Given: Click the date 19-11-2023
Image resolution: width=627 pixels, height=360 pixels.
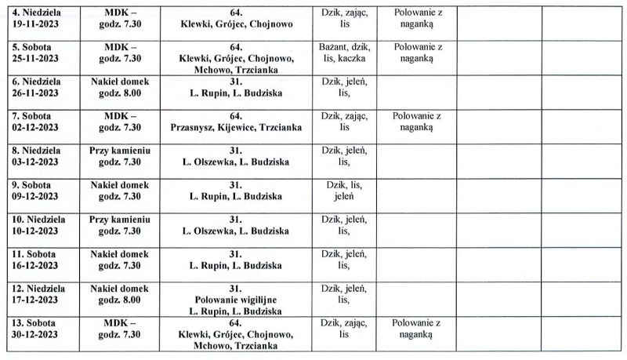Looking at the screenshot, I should pos(37,24).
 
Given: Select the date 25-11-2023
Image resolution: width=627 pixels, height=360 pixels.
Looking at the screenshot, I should pos(37,58).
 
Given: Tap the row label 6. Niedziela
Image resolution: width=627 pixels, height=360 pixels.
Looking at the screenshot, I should pos(37,82).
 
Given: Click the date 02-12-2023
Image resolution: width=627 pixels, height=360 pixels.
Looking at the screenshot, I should pos(37,127).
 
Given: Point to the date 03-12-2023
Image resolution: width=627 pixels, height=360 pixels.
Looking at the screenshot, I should pos(37,162).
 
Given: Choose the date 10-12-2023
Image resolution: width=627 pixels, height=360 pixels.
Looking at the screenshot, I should pos(37,231).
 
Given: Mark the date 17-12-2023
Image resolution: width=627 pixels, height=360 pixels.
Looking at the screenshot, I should pos(37,300).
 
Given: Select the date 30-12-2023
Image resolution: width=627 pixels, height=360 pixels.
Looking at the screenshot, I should pos(37,334).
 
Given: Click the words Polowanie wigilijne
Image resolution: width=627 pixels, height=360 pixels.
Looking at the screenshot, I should pos(235,300).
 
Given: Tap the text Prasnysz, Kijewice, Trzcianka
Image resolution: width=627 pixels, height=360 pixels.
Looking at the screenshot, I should pos(235,127).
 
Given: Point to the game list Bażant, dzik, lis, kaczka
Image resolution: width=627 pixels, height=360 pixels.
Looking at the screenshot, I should pos(344,53).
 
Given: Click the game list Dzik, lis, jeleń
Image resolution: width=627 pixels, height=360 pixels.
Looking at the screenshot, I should pos(344,191).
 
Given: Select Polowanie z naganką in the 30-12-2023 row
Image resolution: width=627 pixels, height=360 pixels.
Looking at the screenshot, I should pos(416,329).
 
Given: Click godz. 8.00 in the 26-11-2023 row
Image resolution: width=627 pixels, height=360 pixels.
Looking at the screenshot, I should pos(119,93).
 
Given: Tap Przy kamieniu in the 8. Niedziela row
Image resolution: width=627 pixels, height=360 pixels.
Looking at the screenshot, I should pos(119,150).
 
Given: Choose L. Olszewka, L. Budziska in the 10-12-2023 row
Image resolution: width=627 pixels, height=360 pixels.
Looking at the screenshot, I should pos(235,231).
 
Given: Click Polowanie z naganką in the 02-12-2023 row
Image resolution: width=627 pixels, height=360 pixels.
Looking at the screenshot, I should pos(416,122).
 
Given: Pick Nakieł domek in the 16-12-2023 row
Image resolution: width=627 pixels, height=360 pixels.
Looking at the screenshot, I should pos(119,254).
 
